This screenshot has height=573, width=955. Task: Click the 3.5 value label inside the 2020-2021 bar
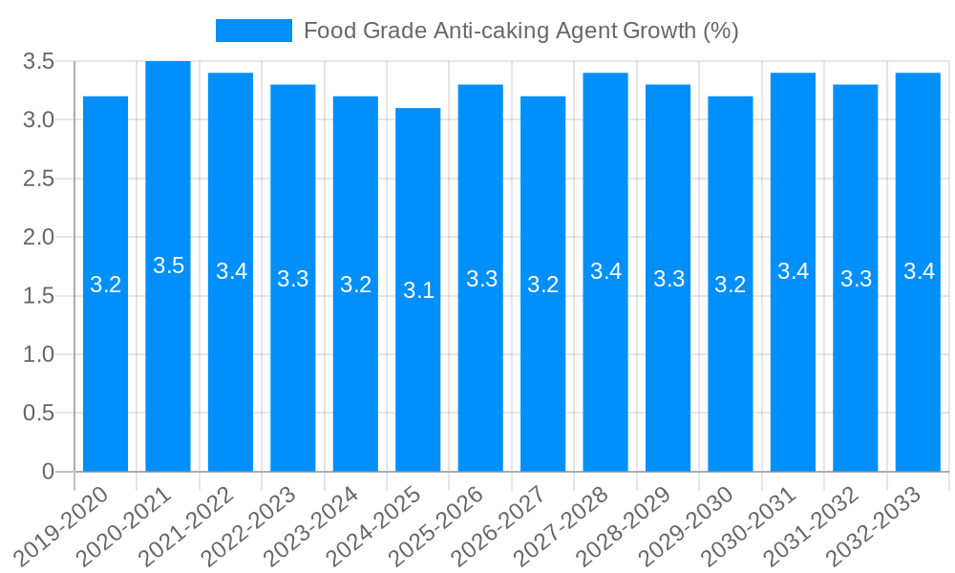(168, 266)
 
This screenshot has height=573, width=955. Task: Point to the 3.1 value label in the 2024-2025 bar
(418, 290)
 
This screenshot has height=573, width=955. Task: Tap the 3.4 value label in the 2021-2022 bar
(231, 271)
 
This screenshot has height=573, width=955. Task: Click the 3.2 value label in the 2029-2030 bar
(731, 285)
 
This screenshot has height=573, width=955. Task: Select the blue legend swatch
(254, 31)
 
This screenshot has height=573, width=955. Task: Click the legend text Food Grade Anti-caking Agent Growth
(520, 31)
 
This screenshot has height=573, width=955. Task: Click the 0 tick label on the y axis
(49, 472)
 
